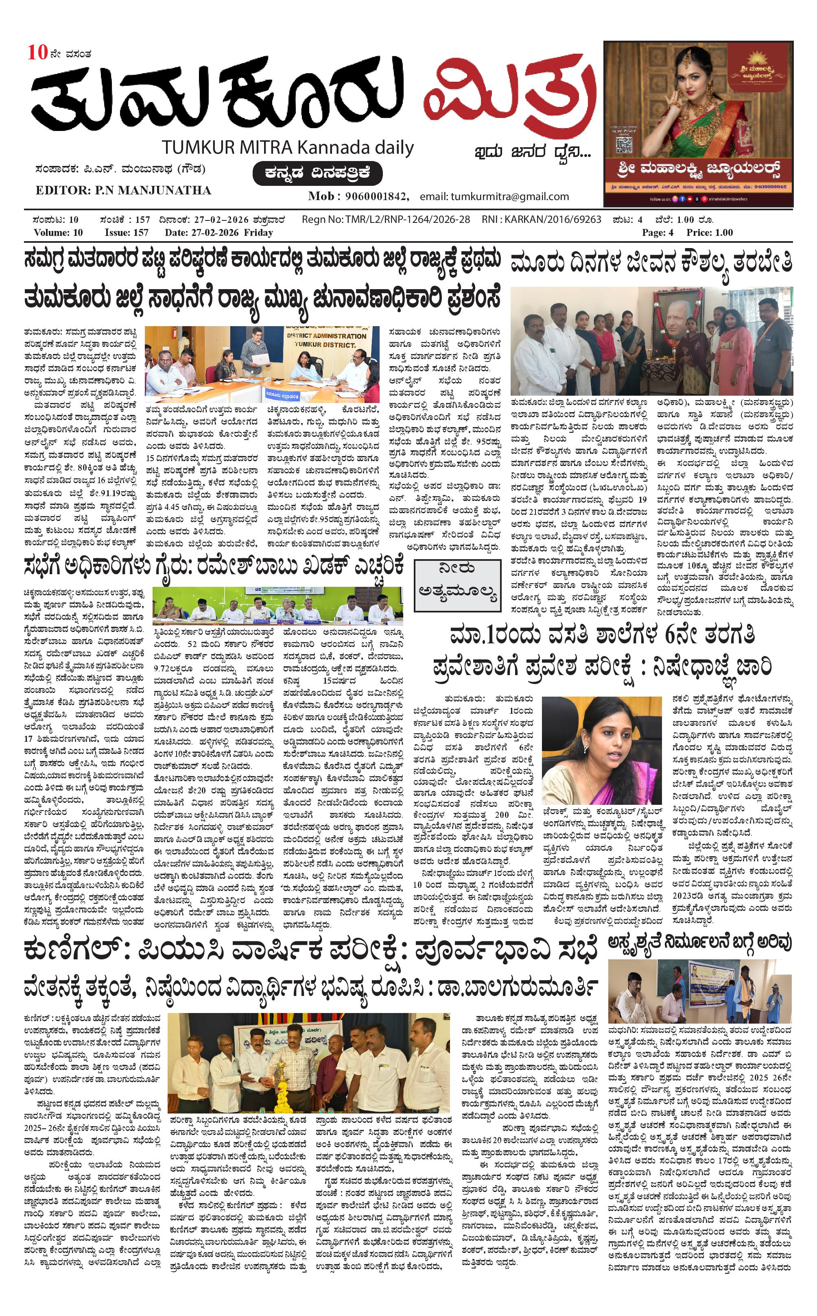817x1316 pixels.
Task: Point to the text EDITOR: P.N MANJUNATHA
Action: click(123, 190)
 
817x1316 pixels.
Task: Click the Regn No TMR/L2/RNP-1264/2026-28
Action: click(386, 220)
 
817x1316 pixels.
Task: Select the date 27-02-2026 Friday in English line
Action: click(218, 233)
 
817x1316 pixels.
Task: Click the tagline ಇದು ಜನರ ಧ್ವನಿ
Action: click(532, 152)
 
